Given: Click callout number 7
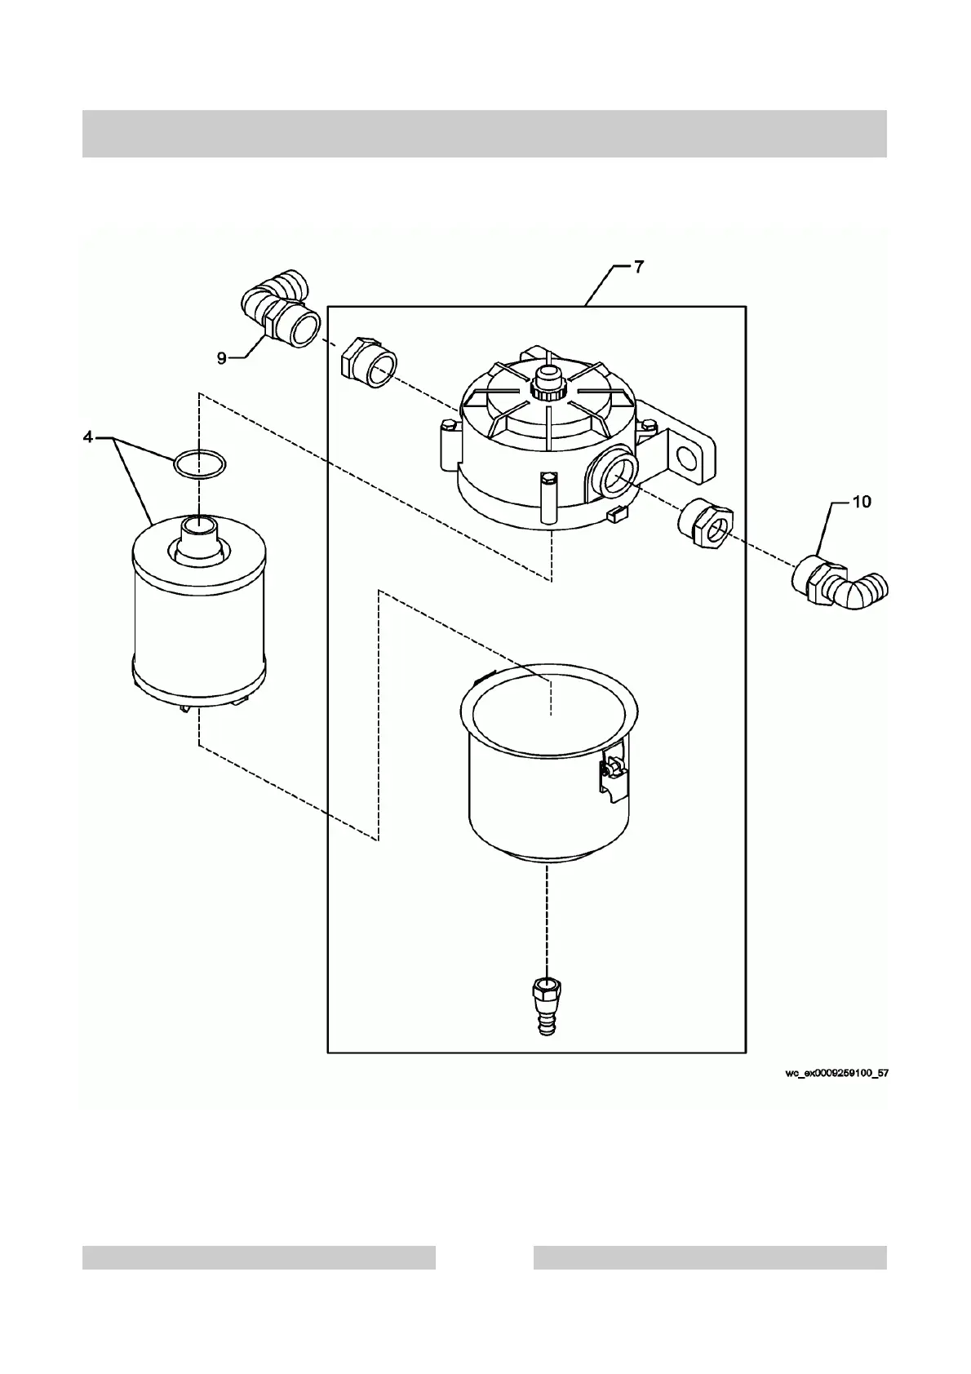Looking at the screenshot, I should (x=639, y=268).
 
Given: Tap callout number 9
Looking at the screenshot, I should (x=222, y=357).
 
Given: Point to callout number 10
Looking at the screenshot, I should (x=862, y=503).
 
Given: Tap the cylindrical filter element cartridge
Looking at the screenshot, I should (x=199, y=620).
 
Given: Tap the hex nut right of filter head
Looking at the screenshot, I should (x=706, y=526).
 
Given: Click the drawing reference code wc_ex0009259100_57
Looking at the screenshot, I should (x=836, y=1074).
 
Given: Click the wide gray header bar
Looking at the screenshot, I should (x=485, y=133).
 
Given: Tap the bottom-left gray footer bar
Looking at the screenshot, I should (x=259, y=1257).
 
